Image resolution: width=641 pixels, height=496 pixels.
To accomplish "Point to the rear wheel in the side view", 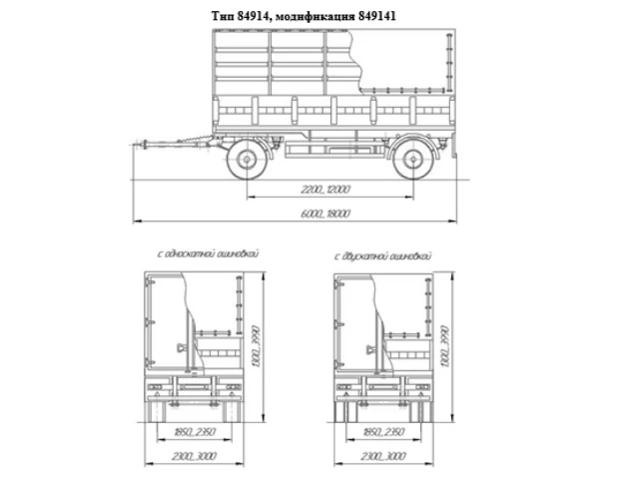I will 410,160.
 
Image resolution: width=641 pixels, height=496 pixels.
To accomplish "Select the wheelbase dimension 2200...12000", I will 326,190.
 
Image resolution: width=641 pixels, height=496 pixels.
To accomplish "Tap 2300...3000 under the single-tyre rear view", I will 194,456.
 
